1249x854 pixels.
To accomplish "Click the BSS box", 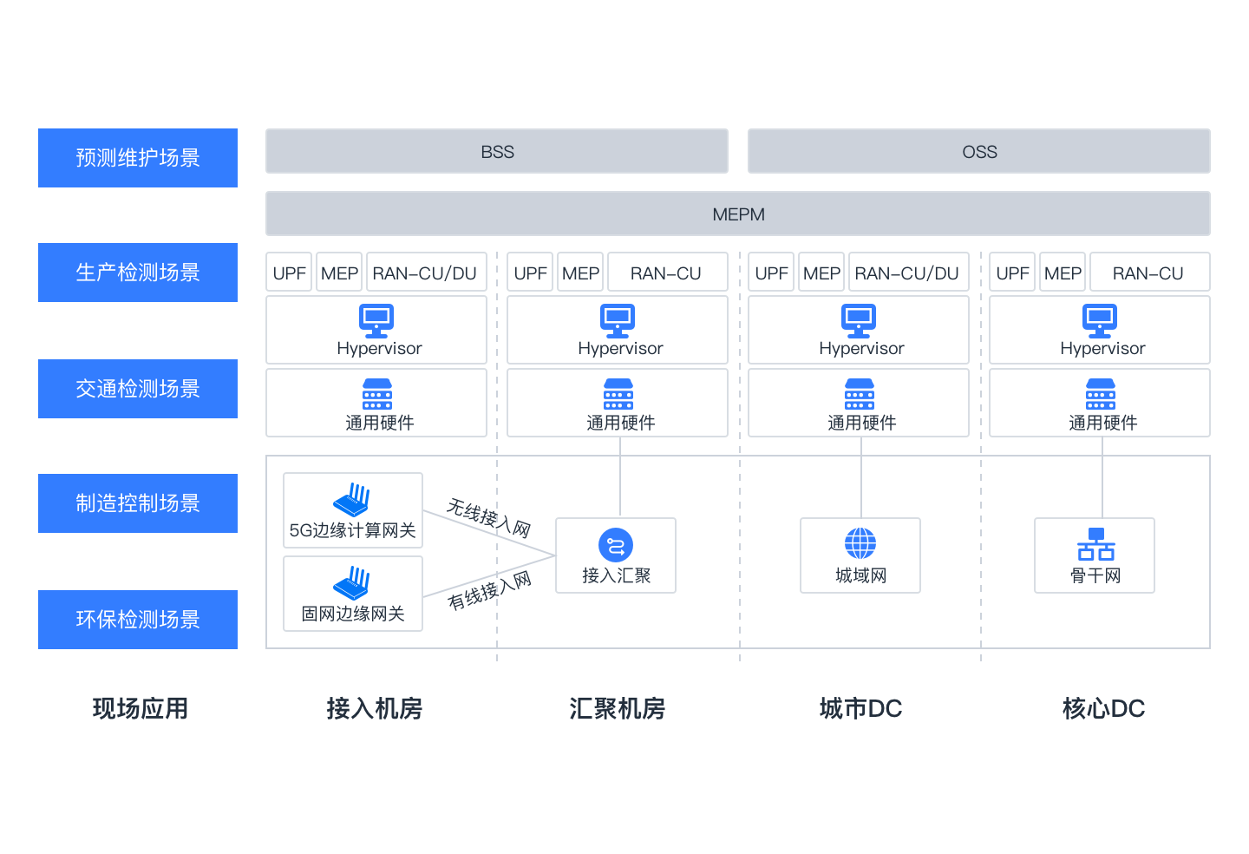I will (x=497, y=152).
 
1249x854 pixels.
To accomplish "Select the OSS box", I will (x=979, y=152).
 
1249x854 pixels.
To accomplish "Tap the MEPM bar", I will (x=738, y=214).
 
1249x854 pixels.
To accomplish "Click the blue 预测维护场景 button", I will (x=138, y=158).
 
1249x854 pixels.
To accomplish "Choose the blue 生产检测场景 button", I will (x=138, y=273).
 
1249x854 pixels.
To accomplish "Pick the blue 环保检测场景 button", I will (x=138, y=620).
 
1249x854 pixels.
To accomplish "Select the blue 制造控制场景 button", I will (x=138, y=503).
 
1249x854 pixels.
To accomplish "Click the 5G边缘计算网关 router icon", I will (x=352, y=500).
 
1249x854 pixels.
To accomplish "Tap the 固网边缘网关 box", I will (x=353, y=594).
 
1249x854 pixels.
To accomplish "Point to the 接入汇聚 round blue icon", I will (x=616, y=545).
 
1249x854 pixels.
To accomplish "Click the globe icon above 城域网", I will (x=860, y=544).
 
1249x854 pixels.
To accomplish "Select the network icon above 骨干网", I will (x=1095, y=544).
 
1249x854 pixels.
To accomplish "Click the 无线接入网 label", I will (x=488, y=517).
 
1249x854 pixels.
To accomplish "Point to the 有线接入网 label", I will (x=489, y=590).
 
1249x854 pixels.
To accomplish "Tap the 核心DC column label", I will (x=1103, y=709).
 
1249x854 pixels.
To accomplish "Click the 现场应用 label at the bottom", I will (x=141, y=709).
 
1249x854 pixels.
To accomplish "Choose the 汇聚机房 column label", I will (x=618, y=709).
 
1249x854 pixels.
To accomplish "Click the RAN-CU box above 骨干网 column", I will (x=1148, y=273).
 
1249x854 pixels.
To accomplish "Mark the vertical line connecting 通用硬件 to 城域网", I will (x=861, y=477).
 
